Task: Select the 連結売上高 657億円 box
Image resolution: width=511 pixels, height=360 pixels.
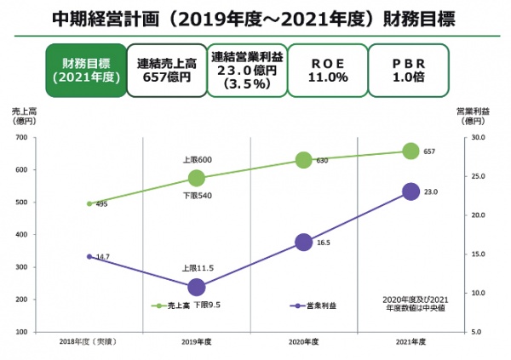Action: coord(167,70)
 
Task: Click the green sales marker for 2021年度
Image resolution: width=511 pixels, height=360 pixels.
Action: coord(411,151)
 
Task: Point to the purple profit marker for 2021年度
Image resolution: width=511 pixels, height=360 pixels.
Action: coord(411,191)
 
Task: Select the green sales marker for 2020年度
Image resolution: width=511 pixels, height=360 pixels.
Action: coord(303,160)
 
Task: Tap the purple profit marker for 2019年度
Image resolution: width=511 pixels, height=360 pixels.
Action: coord(197,287)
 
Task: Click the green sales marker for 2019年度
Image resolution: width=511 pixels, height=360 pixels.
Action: coord(197,178)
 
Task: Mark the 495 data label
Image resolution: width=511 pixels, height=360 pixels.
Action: coord(101,204)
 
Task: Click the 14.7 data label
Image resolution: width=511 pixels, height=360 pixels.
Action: coord(102,256)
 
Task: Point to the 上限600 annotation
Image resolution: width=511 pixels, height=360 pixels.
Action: coord(197,160)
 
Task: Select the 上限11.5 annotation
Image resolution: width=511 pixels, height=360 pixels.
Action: coord(198,267)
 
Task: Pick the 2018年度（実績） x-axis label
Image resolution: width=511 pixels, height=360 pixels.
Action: coord(88,341)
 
